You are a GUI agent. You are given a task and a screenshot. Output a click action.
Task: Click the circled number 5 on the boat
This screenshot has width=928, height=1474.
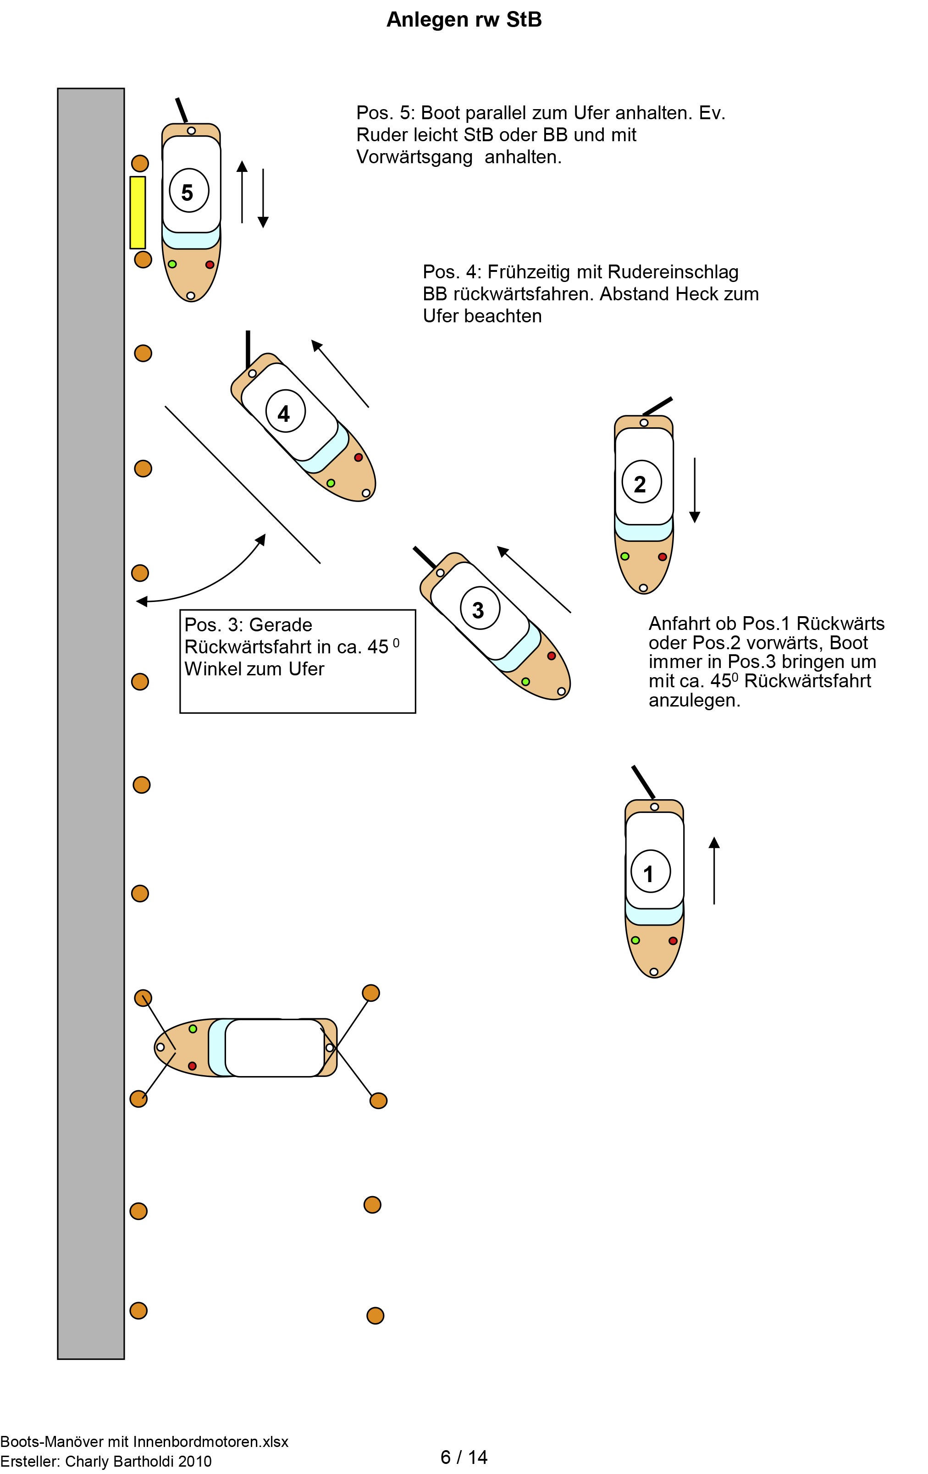[188, 192]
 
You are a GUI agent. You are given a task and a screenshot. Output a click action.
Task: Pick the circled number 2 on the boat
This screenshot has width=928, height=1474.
[641, 483]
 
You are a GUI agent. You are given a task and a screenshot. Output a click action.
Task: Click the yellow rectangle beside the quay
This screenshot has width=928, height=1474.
[138, 212]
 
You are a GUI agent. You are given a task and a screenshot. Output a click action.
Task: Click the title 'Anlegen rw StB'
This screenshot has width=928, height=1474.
[464, 20]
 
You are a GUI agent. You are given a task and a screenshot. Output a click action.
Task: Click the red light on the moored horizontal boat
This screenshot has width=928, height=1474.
[192, 1065]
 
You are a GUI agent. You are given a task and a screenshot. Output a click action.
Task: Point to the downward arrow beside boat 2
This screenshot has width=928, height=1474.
[694, 490]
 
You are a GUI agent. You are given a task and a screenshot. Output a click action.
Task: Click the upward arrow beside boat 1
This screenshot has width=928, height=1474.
[714, 870]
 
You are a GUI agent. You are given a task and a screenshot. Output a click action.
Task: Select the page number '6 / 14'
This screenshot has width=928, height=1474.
[464, 1457]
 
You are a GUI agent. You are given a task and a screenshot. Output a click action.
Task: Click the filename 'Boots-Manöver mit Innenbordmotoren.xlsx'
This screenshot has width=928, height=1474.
[144, 1441]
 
